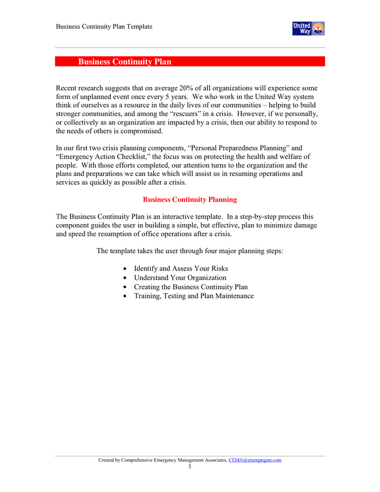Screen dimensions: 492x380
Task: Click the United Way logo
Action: pos(308,28)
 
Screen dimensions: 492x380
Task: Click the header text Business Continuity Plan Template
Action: pos(104,27)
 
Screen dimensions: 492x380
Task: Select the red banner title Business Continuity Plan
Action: pos(124,62)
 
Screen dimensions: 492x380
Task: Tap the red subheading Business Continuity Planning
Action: pos(189,200)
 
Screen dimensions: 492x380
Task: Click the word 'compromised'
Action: pos(143,131)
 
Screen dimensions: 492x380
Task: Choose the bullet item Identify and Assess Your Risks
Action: pos(181,268)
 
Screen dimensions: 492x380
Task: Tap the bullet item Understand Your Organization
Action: pos(180,278)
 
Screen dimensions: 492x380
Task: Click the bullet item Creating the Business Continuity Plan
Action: pos(191,286)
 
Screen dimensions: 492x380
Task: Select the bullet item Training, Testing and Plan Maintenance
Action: pos(194,296)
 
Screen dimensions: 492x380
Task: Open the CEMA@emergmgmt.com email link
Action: pos(254,460)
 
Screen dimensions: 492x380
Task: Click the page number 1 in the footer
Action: pos(189,467)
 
